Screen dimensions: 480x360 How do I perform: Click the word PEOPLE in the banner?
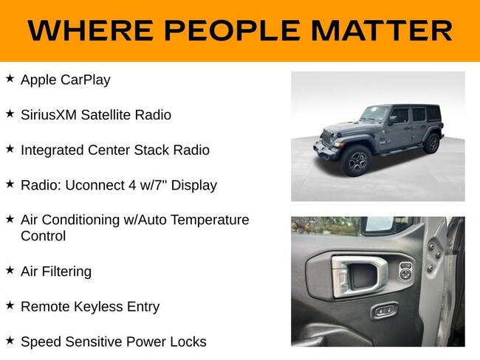232,30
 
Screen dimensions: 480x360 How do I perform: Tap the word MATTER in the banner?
382,30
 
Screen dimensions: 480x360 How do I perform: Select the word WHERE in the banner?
90,30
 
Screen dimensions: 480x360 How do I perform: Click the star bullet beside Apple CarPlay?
10,78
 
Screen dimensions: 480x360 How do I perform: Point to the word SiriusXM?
48,115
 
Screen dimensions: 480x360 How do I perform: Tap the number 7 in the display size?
157,185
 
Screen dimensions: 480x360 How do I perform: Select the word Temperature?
210,220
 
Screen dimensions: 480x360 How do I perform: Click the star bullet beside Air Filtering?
10,270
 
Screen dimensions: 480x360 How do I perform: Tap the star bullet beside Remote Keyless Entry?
10,305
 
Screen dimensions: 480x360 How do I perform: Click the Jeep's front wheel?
356,161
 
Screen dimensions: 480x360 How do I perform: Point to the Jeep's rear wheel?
433,143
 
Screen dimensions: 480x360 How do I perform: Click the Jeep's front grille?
328,138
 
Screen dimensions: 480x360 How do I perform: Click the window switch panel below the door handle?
384,311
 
